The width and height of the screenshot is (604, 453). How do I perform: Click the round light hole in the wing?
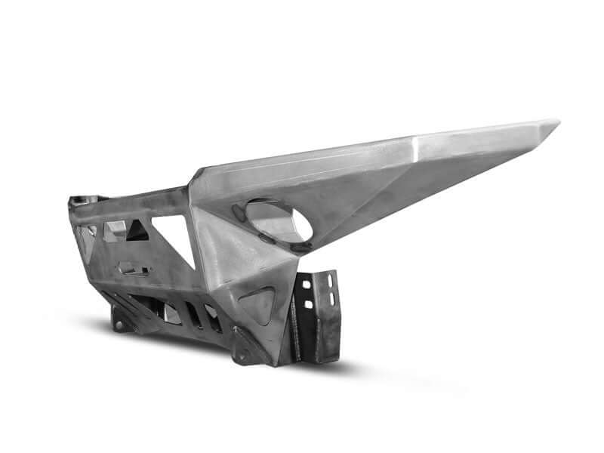tap(278, 221)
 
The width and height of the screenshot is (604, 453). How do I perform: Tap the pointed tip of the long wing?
tap(557, 122)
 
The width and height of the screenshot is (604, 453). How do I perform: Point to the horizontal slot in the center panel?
tap(134, 269)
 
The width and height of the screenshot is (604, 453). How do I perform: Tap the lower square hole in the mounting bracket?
tap(308, 304)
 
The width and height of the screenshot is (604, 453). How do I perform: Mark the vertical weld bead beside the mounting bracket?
tap(295, 325)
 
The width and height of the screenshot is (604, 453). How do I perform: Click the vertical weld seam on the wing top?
tap(414, 148)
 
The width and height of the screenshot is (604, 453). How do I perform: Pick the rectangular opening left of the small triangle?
tap(115, 230)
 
